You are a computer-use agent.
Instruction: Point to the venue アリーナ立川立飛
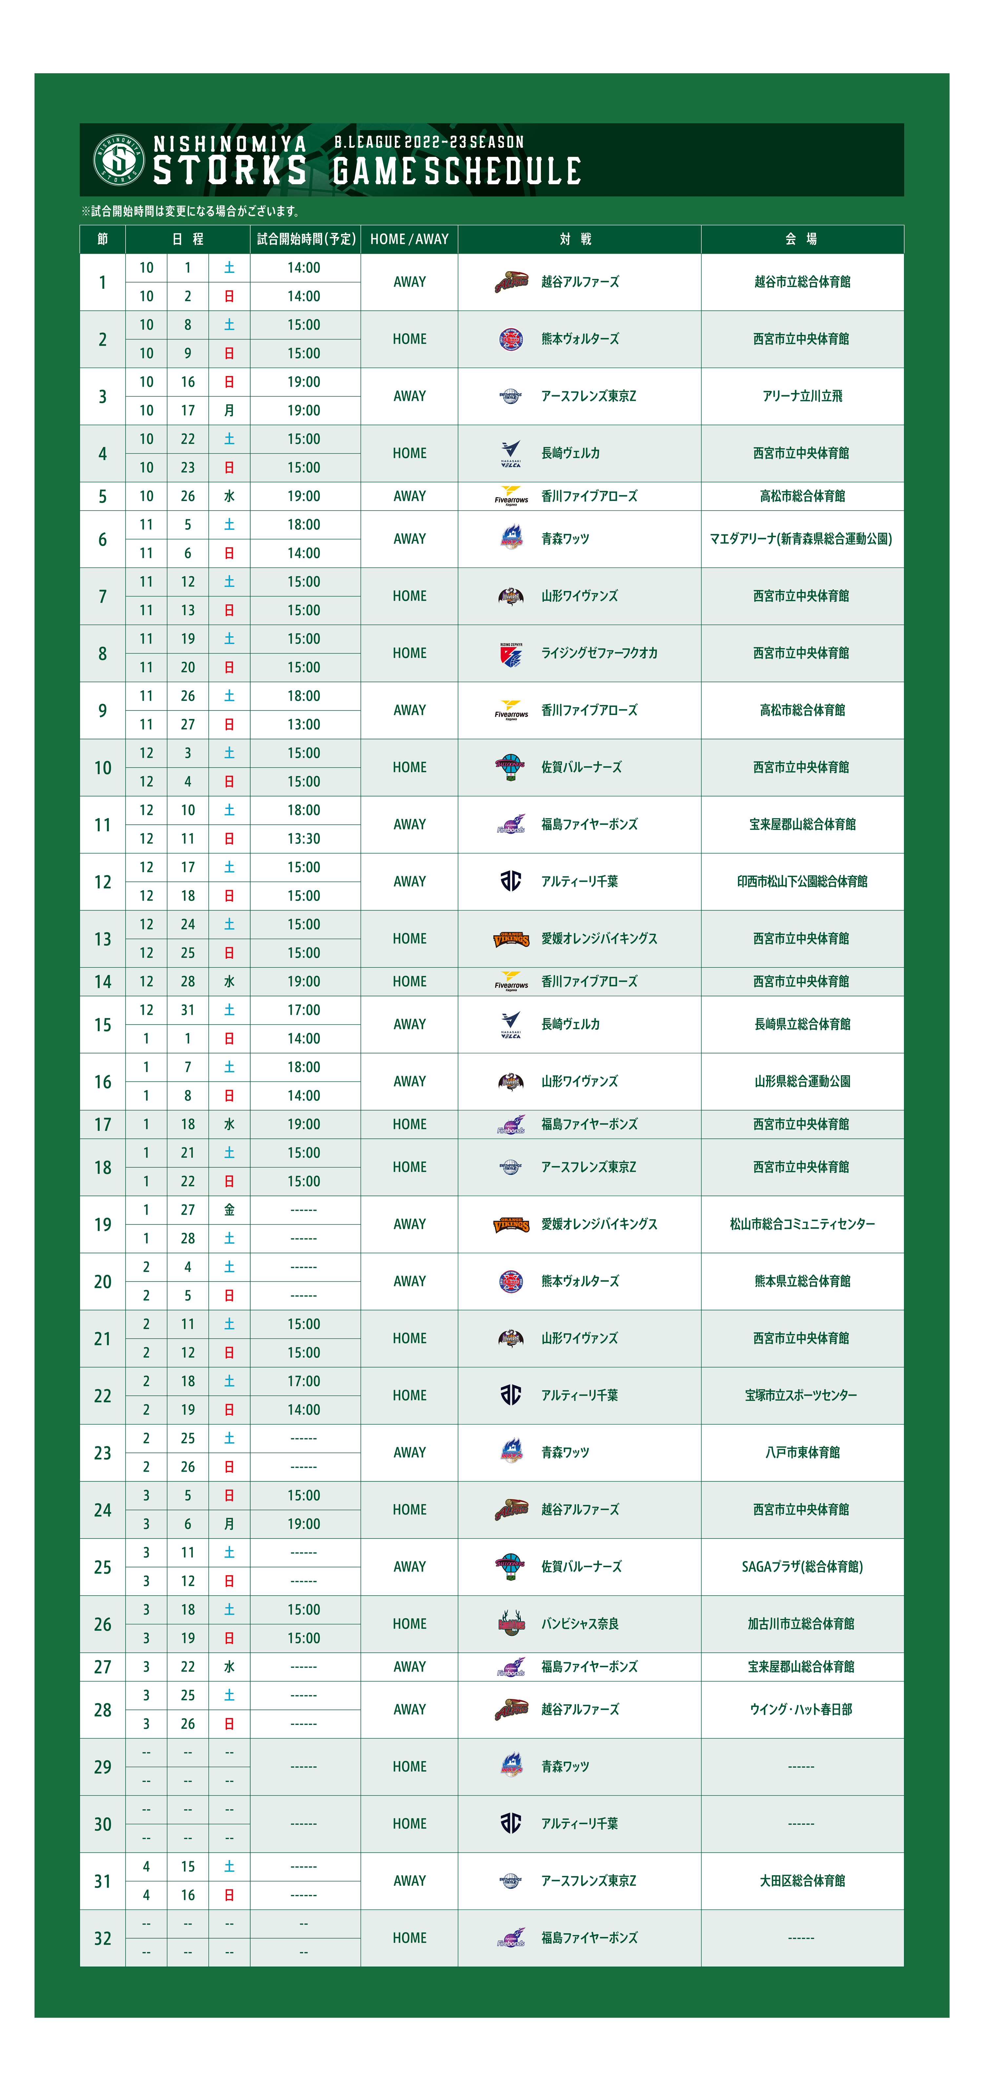coord(802,396)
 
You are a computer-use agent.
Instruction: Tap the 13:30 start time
coord(303,839)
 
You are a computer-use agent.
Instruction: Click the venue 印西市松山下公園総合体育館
coord(802,882)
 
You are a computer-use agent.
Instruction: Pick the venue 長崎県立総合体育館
coord(802,1024)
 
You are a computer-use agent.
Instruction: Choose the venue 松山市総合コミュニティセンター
coord(802,1224)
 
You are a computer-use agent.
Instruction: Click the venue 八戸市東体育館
coord(802,1452)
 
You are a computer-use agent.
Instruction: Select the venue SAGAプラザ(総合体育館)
coord(802,1567)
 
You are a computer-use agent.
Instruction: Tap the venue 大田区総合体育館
coord(802,1881)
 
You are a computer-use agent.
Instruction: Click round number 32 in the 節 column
coord(102,1938)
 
